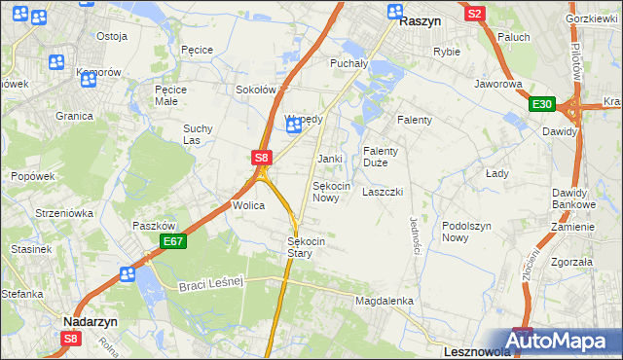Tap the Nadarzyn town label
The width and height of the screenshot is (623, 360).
coord(90,319)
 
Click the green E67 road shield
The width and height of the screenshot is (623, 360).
coord(172,241)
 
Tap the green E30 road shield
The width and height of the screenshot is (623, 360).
coord(542,105)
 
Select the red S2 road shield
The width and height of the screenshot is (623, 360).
coord(475,14)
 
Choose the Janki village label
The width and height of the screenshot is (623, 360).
coord(329,158)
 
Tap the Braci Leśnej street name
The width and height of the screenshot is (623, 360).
coord(209,283)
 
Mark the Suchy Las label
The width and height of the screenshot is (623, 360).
coord(198,133)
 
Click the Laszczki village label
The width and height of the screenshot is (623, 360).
coord(383,192)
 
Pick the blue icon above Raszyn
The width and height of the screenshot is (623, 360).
coord(395,12)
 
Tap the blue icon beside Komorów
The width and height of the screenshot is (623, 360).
coord(89,80)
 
